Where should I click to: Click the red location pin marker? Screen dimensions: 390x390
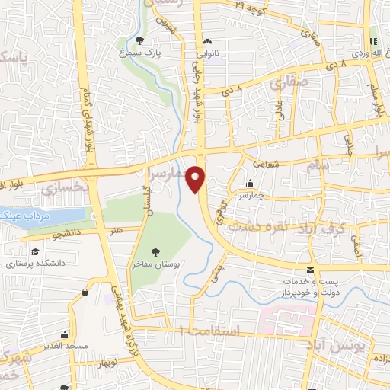[x=197, y=179]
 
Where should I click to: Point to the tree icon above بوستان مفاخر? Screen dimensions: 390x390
[x=157, y=251]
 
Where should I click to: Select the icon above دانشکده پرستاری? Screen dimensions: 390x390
[x=34, y=252]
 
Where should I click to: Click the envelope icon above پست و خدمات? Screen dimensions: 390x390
[x=308, y=271]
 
